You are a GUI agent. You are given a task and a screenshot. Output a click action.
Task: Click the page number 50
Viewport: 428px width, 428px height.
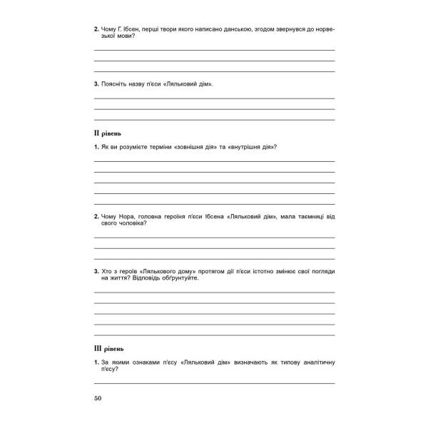click(x=98, y=398)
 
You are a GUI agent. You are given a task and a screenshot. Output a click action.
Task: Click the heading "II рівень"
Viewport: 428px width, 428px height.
click(x=108, y=133)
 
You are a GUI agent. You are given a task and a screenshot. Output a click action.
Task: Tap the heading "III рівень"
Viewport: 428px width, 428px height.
click(x=110, y=349)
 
